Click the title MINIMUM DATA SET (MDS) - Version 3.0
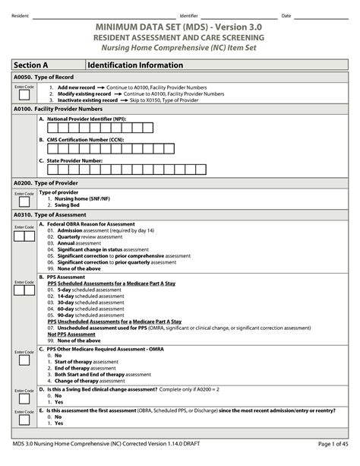(x=179, y=27)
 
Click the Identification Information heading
(x=134, y=65)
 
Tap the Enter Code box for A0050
(x=24, y=96)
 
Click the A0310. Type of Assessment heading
(x=48, y=215)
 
